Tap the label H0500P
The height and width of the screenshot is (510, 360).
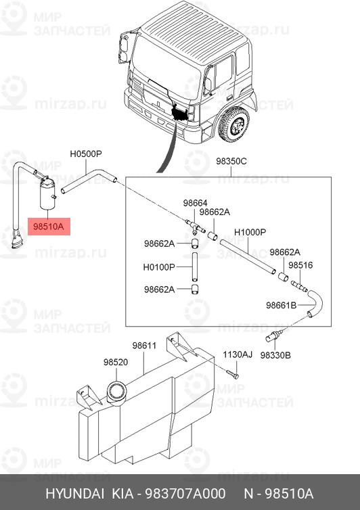(86, 154)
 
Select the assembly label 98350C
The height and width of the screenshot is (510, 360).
(231, 162)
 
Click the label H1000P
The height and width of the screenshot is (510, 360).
(250, 233)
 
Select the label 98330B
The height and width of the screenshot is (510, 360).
(275, 354)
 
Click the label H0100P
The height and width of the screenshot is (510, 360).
(159, 266)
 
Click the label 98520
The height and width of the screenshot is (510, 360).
(116, 363)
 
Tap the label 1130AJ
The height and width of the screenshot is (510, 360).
(238, 354)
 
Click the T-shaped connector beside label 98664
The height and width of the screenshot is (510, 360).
(193, 223)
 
